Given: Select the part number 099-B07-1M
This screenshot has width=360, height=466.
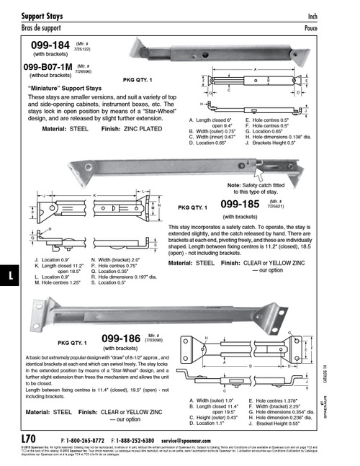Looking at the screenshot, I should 48,66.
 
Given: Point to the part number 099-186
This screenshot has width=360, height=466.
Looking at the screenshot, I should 120,338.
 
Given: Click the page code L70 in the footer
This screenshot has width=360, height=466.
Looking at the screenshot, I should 28,439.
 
